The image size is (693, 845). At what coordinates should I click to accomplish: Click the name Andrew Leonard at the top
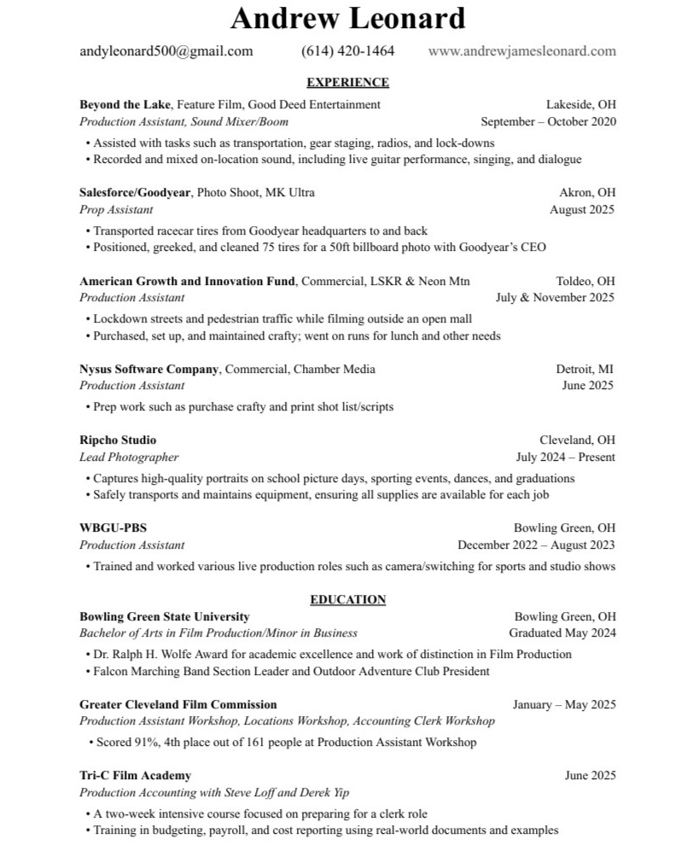(x=348, y=17)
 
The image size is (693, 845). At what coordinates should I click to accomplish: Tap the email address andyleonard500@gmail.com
(x=166, y=51)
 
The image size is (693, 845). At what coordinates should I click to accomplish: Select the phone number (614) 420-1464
(x=347, y=51)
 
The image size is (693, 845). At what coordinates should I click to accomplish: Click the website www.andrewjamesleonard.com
(x=521, y=51)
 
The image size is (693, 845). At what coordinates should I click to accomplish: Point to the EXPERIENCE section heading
(x=347, y=83)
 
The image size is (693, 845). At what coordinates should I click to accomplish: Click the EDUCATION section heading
(x=347, y=600)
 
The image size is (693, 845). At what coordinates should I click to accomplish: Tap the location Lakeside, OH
(x=580, y=105)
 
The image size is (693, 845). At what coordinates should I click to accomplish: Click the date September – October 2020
(x=548, y=122)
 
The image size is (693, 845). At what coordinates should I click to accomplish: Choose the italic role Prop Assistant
(x=116, y=210)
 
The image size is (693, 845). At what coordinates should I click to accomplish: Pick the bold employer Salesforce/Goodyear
(x=134, y=193)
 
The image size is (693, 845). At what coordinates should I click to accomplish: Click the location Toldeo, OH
(x=585, y=281)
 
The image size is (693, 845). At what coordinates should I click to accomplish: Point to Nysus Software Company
(x=149, y=369)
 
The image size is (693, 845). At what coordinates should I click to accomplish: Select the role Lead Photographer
(x=129, y=457)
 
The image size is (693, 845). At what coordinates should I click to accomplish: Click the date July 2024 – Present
(x=565, y=457)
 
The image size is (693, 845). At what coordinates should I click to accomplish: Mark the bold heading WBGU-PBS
(x=107, y=528)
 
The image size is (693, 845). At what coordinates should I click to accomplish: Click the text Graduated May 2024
(x=562, y=633)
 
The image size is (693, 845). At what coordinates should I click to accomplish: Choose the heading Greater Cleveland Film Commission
(x=178, y=705)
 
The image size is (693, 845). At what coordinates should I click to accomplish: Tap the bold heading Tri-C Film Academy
(x=135, y=776)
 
